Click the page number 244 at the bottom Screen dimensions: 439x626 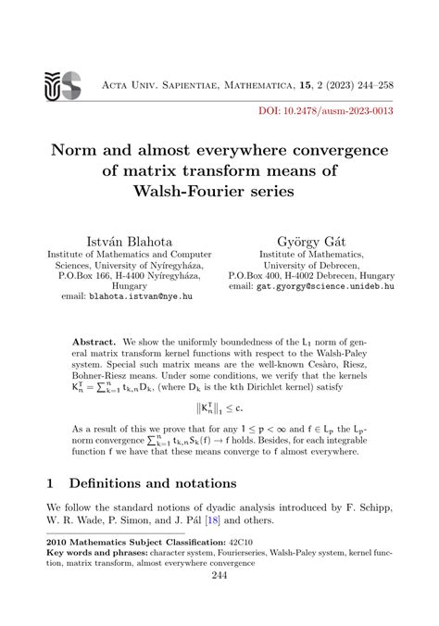pos(219,575)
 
